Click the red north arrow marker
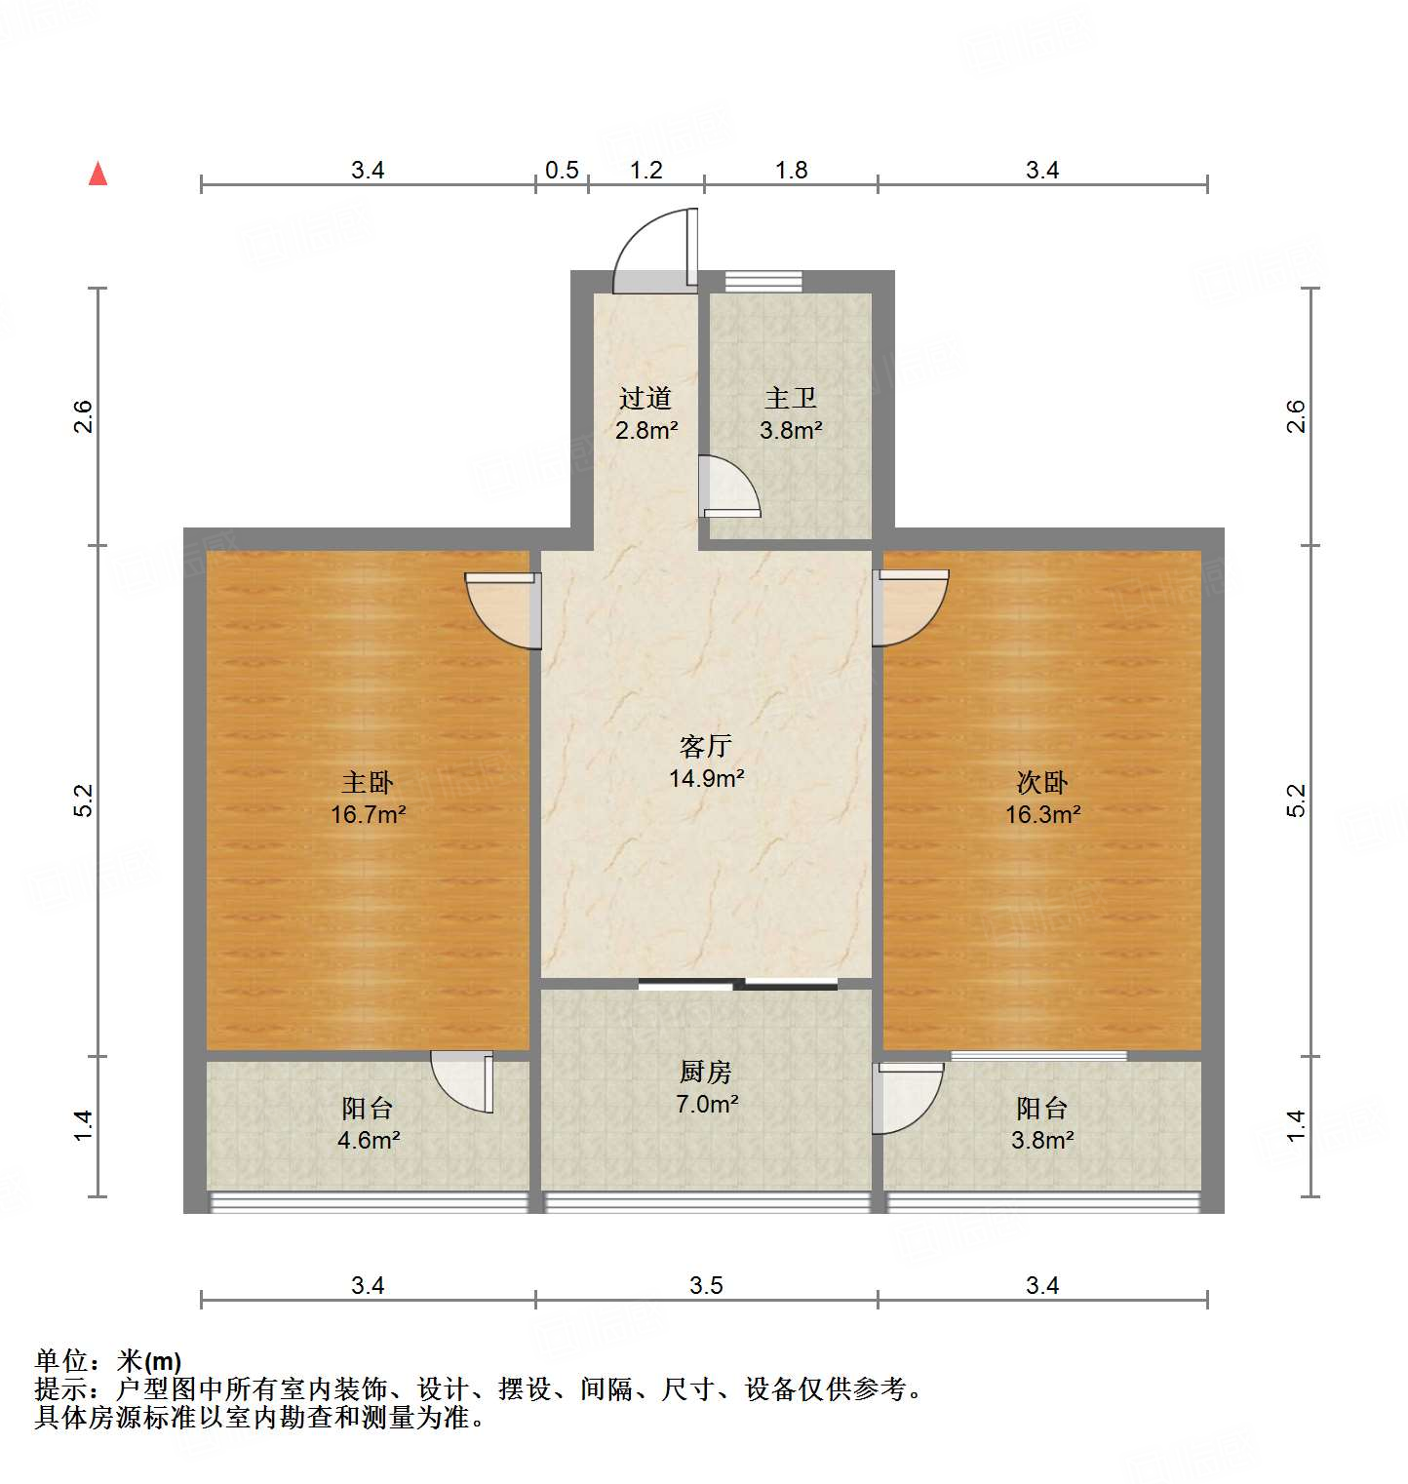pos(98,174)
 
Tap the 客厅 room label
pos(705,746)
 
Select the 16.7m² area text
pos(368,814)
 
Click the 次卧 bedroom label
pos(1042,782)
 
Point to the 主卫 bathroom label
pos(791,398)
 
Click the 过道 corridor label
pos(645,398)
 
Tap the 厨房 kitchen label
pos(705,1072)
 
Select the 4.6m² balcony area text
pos(369,1140)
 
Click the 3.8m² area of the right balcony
pos(1042,1140)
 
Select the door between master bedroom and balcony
pos(464,1079)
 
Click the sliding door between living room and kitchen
pos(738,984)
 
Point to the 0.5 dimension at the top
pos(562,171)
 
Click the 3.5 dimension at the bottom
pos(706,1285)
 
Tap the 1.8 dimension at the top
pos(791,171)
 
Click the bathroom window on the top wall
pos(763,282)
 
